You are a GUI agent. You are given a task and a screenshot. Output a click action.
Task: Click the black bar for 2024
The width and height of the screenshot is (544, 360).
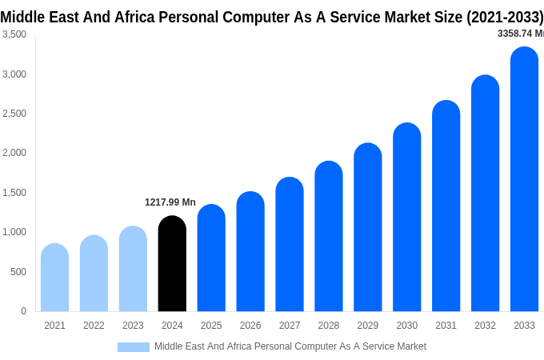[x=172, y=264]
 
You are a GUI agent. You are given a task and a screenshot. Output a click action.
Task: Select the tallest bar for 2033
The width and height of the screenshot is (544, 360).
[x=524, y=179]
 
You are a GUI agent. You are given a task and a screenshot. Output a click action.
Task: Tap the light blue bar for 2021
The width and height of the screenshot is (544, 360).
[x=54, y=278]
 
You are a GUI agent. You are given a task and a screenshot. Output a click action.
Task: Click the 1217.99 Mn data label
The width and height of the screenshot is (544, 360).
[x=170, y=202]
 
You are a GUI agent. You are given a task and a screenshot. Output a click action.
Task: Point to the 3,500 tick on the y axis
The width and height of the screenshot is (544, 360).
[x=14, y=34]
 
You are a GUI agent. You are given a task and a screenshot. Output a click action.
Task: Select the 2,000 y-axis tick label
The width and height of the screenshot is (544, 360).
[x=14, y=153]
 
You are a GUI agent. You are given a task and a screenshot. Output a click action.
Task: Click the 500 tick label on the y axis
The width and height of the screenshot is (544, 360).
[x=18, y=272]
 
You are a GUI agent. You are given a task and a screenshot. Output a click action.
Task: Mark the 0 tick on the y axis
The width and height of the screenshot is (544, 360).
[x=23, y=311]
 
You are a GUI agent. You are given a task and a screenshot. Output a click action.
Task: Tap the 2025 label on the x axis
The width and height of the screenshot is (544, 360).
[x=211, y=326]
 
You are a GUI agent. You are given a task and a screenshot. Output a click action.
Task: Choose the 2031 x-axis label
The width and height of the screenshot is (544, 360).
[x=446, y=326]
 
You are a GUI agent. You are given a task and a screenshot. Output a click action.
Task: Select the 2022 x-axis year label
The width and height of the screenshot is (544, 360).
[x=94, y=326]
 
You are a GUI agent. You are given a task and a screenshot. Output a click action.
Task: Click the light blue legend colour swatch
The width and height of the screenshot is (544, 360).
[x=133, y=346]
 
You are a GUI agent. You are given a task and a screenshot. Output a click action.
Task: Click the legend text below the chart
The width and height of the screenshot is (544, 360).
[x=290, y=346]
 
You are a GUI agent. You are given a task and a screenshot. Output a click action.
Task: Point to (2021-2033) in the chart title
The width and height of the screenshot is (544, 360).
[x=505, y=17]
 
